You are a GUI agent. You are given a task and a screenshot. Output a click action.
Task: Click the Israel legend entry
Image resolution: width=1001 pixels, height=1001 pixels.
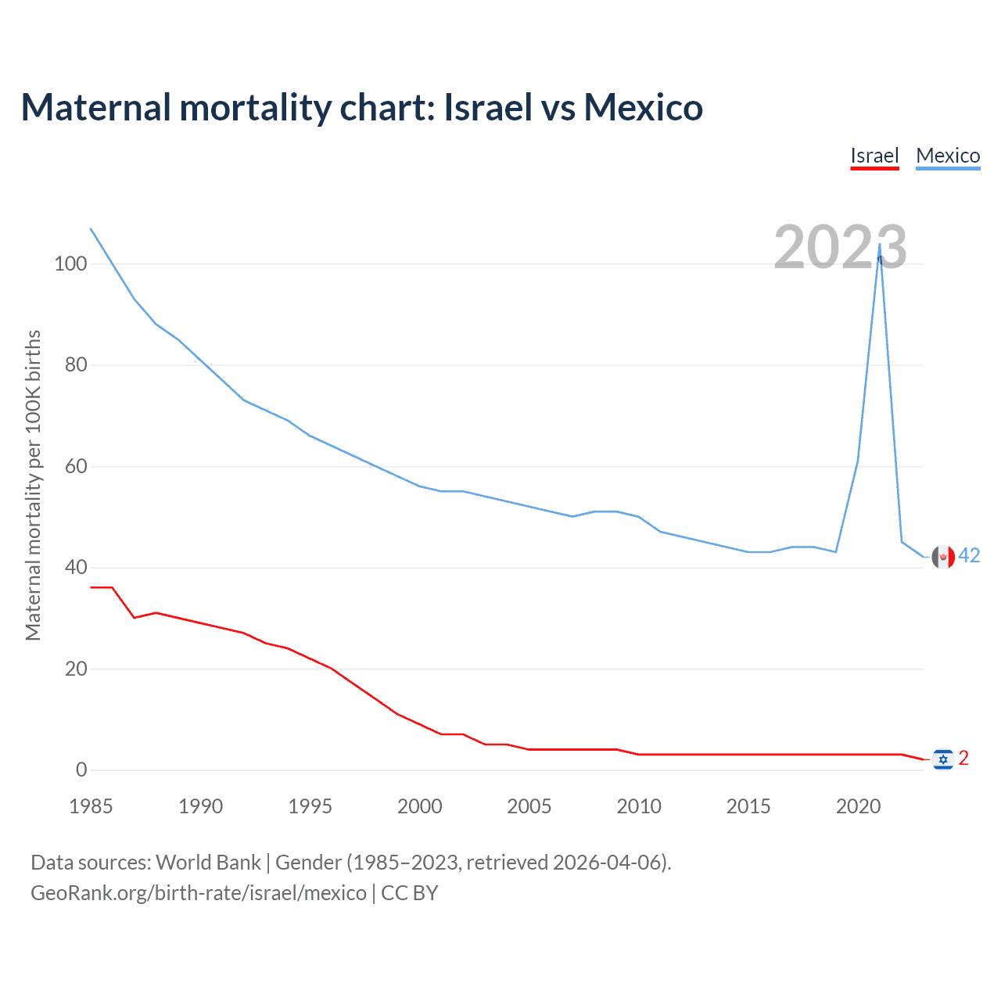point(874,156)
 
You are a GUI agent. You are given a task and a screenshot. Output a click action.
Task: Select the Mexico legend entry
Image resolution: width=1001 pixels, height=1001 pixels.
point(948,156)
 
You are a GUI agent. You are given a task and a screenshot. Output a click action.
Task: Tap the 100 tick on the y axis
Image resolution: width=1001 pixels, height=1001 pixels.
point(70,264)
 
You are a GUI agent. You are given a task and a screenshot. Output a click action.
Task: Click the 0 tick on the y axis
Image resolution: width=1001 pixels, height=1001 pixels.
point(81,770)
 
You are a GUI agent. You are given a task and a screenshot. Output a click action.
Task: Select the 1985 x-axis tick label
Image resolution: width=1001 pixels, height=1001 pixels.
point(91,806)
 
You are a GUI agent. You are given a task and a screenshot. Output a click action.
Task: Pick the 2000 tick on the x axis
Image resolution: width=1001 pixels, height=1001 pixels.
point(420,806)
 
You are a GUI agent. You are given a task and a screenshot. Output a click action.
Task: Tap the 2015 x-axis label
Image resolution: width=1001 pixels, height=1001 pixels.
point(748,806)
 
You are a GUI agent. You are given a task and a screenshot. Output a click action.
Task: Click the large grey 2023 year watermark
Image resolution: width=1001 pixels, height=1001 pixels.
point(840,247)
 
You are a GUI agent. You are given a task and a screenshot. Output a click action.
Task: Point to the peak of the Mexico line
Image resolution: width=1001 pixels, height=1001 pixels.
point(880,244)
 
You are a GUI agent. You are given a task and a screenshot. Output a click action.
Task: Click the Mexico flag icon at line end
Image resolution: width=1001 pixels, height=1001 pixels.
point(943,556)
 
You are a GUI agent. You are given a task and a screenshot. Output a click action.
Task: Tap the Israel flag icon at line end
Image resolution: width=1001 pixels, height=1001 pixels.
point(943,759)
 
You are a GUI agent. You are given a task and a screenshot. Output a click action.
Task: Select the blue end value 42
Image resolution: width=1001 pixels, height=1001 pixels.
point(969,555)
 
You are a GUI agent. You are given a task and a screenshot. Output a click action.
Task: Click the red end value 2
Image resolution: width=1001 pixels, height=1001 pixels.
point(963,758)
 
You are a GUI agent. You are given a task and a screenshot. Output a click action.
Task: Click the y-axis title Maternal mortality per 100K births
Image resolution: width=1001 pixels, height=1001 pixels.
point(33,485)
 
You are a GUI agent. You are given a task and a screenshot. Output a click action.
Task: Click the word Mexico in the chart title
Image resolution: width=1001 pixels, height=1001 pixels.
point(643,107)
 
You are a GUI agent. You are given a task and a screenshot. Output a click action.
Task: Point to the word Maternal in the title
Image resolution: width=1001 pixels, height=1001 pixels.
point(95,107)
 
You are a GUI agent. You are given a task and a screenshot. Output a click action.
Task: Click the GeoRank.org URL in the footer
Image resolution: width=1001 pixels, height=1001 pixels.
point(199,892)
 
